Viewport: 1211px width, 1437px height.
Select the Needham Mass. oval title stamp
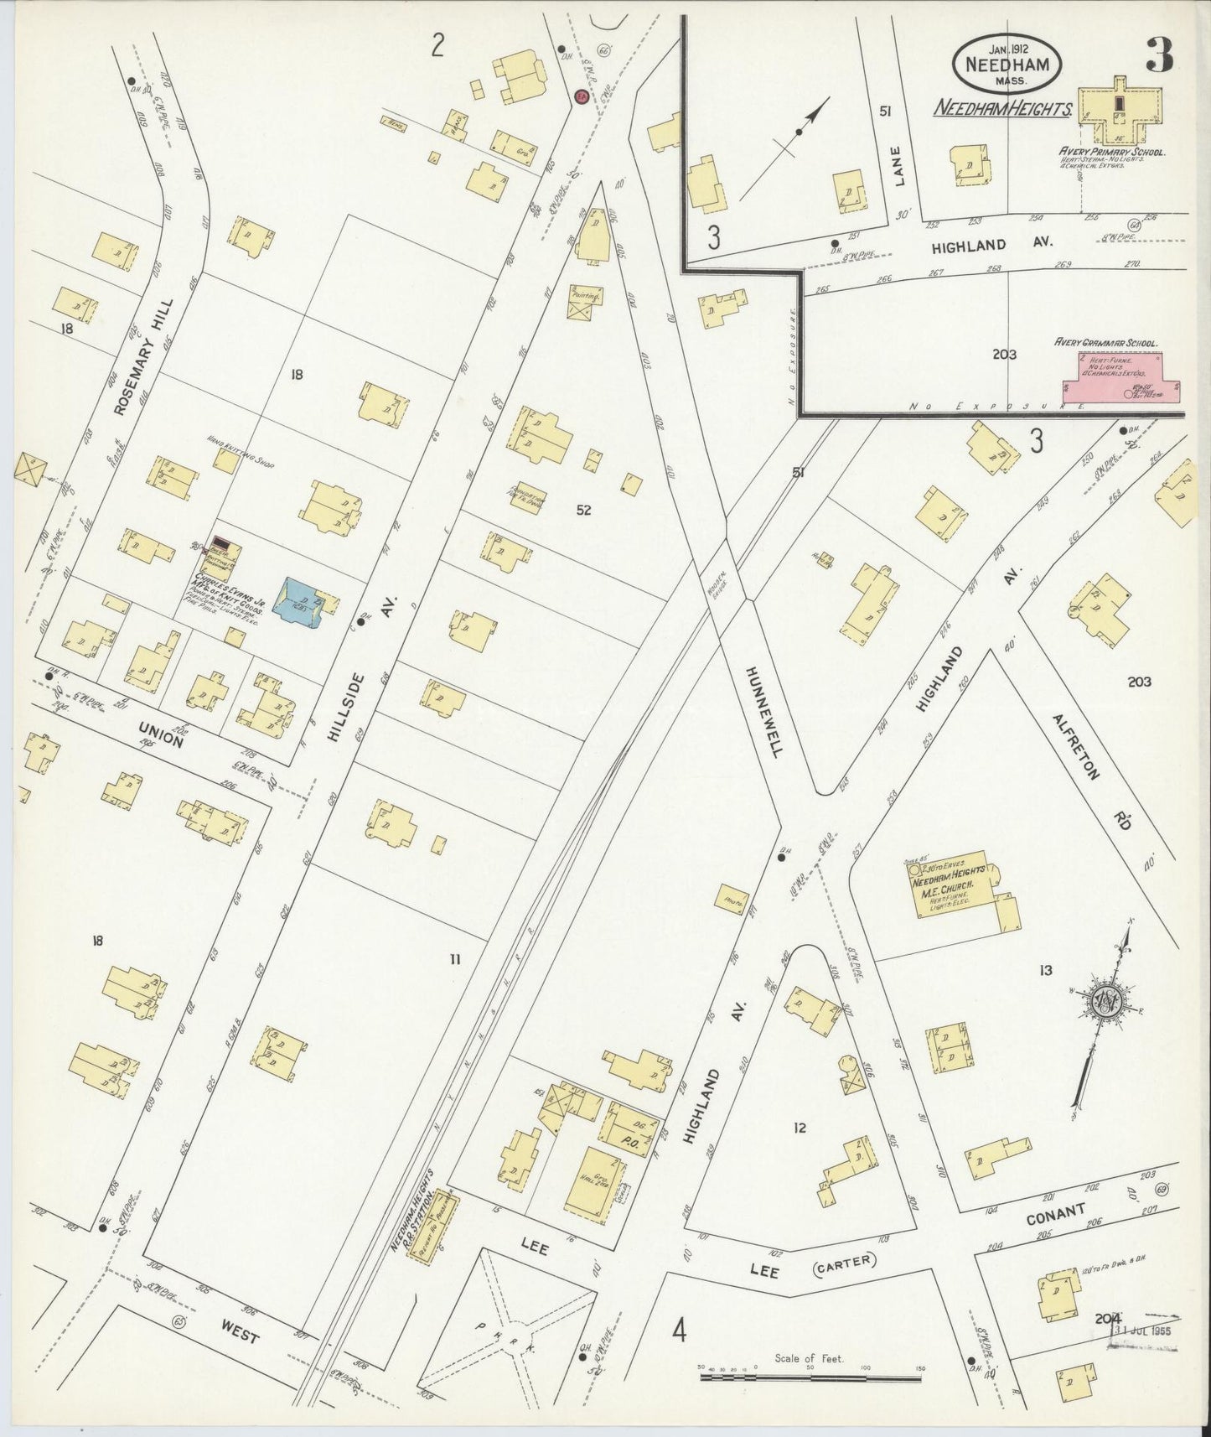click(1007, 64)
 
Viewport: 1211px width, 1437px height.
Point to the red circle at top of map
click(580, 97)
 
